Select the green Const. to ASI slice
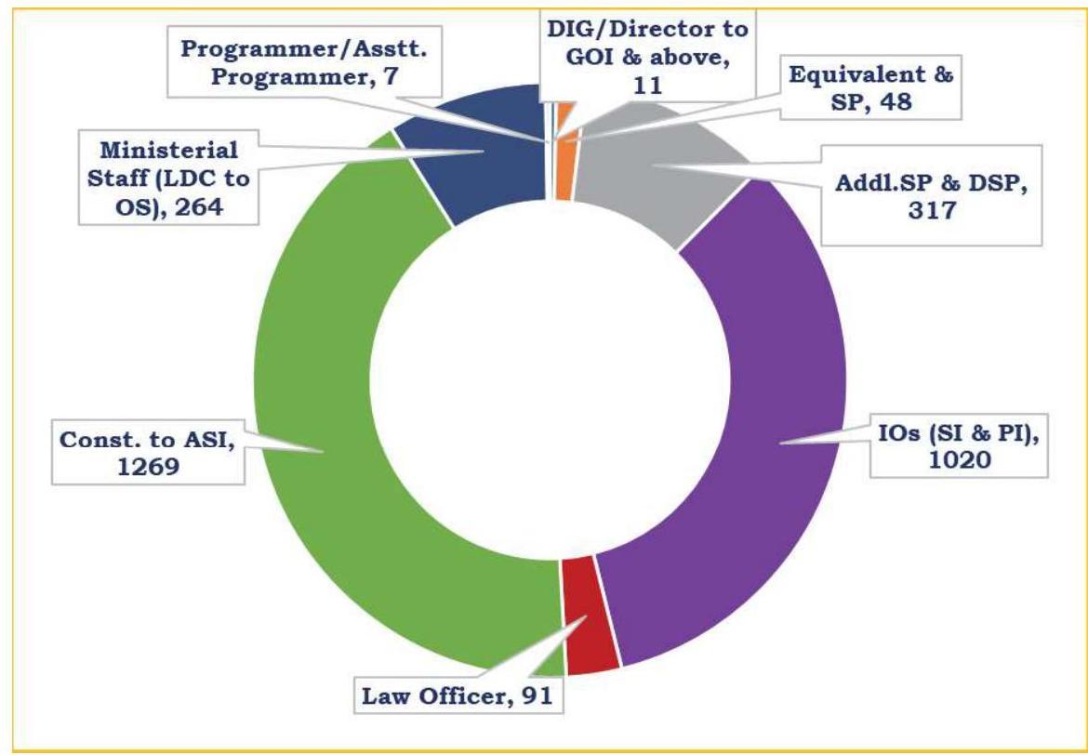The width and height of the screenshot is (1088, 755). [316, 418]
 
